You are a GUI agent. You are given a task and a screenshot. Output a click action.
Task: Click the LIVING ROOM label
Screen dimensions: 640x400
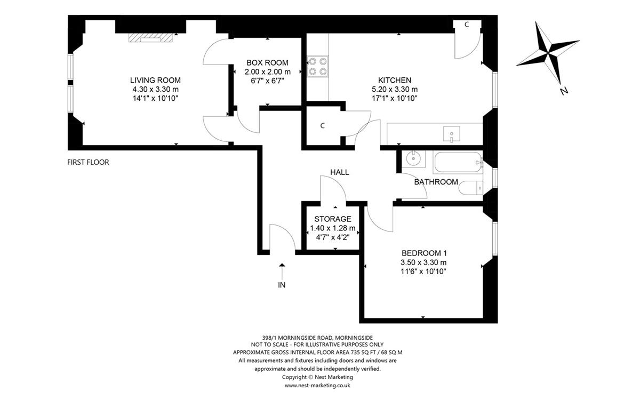coord(155,81)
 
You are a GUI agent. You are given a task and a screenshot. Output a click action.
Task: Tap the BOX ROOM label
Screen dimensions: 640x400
coord(267,62)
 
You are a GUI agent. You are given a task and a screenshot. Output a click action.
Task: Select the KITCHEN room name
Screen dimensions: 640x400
coord(395,81)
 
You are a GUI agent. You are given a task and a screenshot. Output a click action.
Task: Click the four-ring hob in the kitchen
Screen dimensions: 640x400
coord(318,66)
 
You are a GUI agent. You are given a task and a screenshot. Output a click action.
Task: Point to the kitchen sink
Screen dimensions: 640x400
coord(451,134)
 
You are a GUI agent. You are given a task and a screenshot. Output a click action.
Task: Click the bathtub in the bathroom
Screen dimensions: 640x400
coord(458,162)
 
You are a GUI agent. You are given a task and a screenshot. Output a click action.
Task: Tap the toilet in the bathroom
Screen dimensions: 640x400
coord(470,188)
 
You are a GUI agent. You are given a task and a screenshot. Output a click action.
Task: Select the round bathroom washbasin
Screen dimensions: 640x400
coord(413,158)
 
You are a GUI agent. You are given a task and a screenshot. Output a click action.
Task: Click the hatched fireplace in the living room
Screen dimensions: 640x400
coord(150,38)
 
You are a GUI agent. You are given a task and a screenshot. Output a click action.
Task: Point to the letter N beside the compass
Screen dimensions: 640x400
coord(564,91)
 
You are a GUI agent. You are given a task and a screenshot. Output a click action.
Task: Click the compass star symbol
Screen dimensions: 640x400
coord(548,53)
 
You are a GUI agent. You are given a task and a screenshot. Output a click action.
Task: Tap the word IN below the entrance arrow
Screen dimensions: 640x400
coord(282,285)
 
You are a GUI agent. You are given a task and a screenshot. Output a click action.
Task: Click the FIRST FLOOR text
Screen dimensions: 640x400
coord(88,162)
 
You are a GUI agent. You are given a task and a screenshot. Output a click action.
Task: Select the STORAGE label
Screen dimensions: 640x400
coord(333,219)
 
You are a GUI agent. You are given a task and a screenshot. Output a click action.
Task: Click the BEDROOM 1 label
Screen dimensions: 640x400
coord(424,253)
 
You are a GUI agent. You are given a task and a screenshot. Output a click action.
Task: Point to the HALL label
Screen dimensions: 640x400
coord(340,172)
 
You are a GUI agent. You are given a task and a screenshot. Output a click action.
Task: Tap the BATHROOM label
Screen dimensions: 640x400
coord(436,182)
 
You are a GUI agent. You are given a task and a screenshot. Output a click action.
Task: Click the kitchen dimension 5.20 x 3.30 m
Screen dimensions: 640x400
coord(395,90)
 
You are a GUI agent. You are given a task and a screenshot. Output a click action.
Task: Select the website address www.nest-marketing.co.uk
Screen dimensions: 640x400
coord(317,386)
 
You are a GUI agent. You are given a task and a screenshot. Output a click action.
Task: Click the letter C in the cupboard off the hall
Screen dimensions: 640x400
coord(323,126)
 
